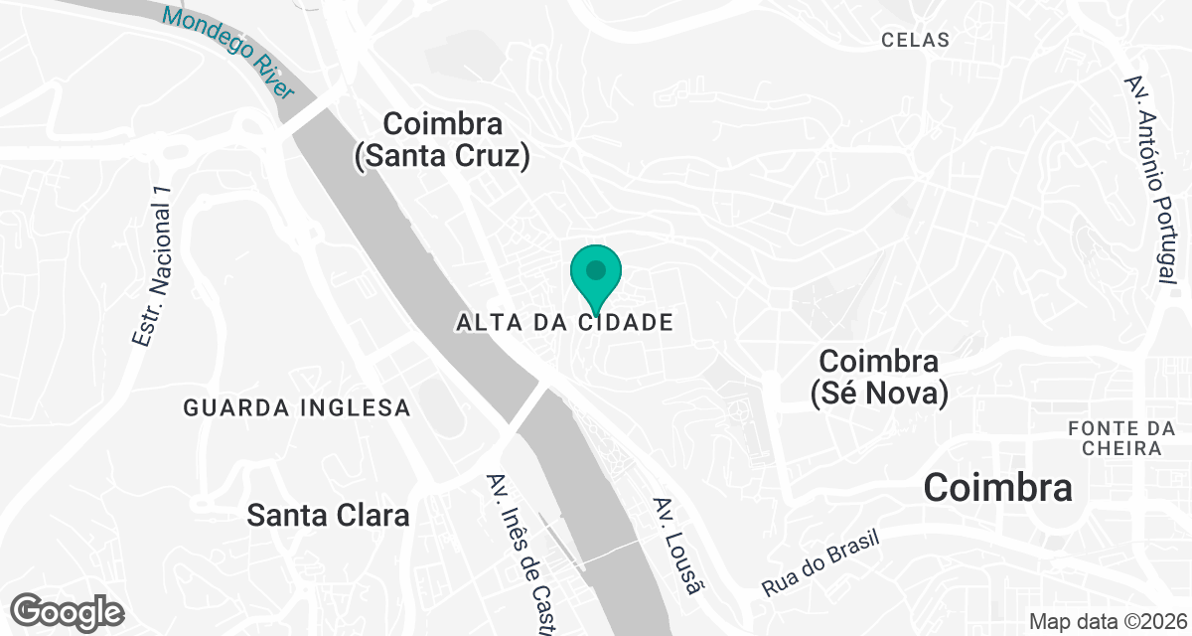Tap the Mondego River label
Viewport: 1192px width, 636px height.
(x=229, y=52)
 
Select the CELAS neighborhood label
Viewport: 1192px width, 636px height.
(x=915, y=41)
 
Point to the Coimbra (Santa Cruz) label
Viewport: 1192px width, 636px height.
(x=442, y=140)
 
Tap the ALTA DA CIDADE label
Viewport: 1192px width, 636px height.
(x=565, y=323)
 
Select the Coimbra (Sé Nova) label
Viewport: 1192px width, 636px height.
(x=879, y=376)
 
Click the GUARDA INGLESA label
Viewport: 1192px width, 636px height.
(x=297, y=407)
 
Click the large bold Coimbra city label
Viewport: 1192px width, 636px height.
(x=998, y=488)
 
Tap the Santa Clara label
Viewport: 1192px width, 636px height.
(x=328, y=516)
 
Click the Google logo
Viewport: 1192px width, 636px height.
(x=69, y=611)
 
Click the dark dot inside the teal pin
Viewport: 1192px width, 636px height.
(x=596, y=269)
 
